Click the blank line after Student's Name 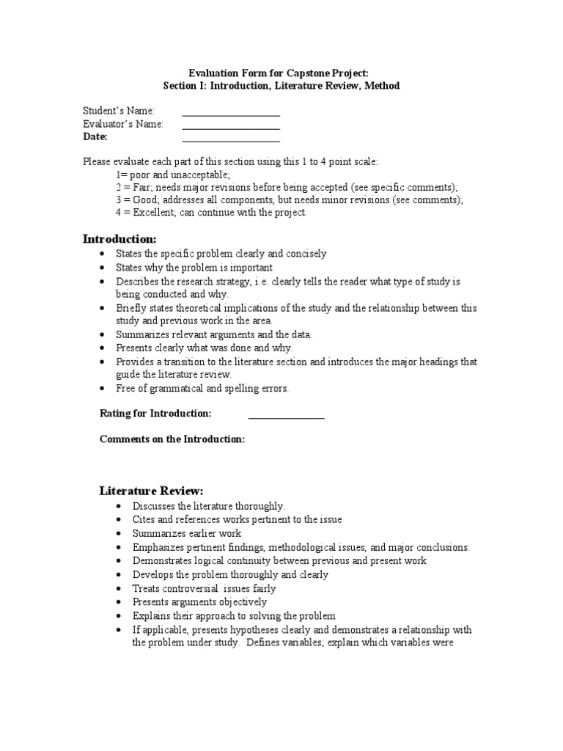[231, 115]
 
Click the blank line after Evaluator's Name [231, 128]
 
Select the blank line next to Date [231, 141]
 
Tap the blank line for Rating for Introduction [286, 418]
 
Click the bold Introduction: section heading [119, 239]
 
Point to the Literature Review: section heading [151, 491]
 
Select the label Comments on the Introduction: [172, 439]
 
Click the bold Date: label [95, 137]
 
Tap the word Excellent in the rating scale [147, 213]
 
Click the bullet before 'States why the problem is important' [103, 268]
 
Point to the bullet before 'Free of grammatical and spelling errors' [103, 389]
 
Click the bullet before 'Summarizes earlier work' [119, 534]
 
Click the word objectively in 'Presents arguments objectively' [238, 602]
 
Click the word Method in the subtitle [381, 86]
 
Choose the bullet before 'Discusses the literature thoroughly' [119, 507]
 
